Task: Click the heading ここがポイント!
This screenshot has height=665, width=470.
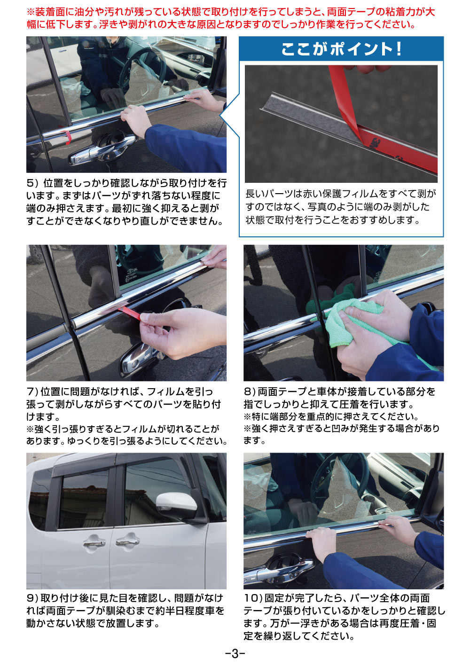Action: click(x=341, y=49)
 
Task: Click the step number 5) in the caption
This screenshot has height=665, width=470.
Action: click(x=32, y=183)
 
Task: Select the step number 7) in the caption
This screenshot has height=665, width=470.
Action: click(x=32, y=391)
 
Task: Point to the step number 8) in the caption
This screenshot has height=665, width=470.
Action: click(x=249, y=391)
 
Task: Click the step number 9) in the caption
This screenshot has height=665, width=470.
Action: click(x=32, y=598)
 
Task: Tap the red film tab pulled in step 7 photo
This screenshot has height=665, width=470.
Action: click(x=132, y=312)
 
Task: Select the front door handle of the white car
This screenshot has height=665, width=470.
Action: click(x=127, y=541)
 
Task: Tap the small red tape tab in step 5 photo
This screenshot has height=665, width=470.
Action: click(x=68, y=138)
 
